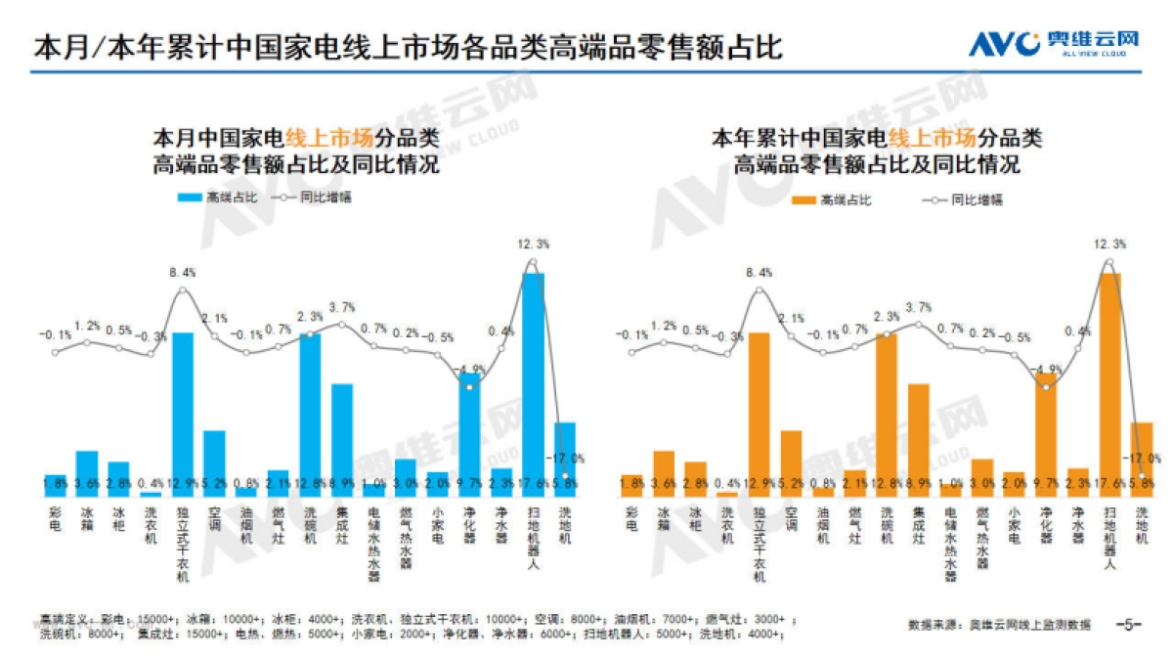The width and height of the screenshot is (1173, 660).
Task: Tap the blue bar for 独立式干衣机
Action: point(183,411)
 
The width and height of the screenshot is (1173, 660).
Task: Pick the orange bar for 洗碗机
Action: point(886,411)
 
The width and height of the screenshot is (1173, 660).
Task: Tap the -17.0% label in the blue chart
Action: point(568,458)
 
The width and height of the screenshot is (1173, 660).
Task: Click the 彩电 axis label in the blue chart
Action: point(55,519)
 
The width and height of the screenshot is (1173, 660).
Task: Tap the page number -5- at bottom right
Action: point(1129,624)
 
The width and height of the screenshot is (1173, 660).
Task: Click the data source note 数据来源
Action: point(998,624)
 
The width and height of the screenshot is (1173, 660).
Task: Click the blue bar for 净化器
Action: point(469,430)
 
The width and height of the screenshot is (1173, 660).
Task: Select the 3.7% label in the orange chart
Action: point(919,307)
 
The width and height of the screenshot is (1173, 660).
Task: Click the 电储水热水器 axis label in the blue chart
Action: point(374,544)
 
